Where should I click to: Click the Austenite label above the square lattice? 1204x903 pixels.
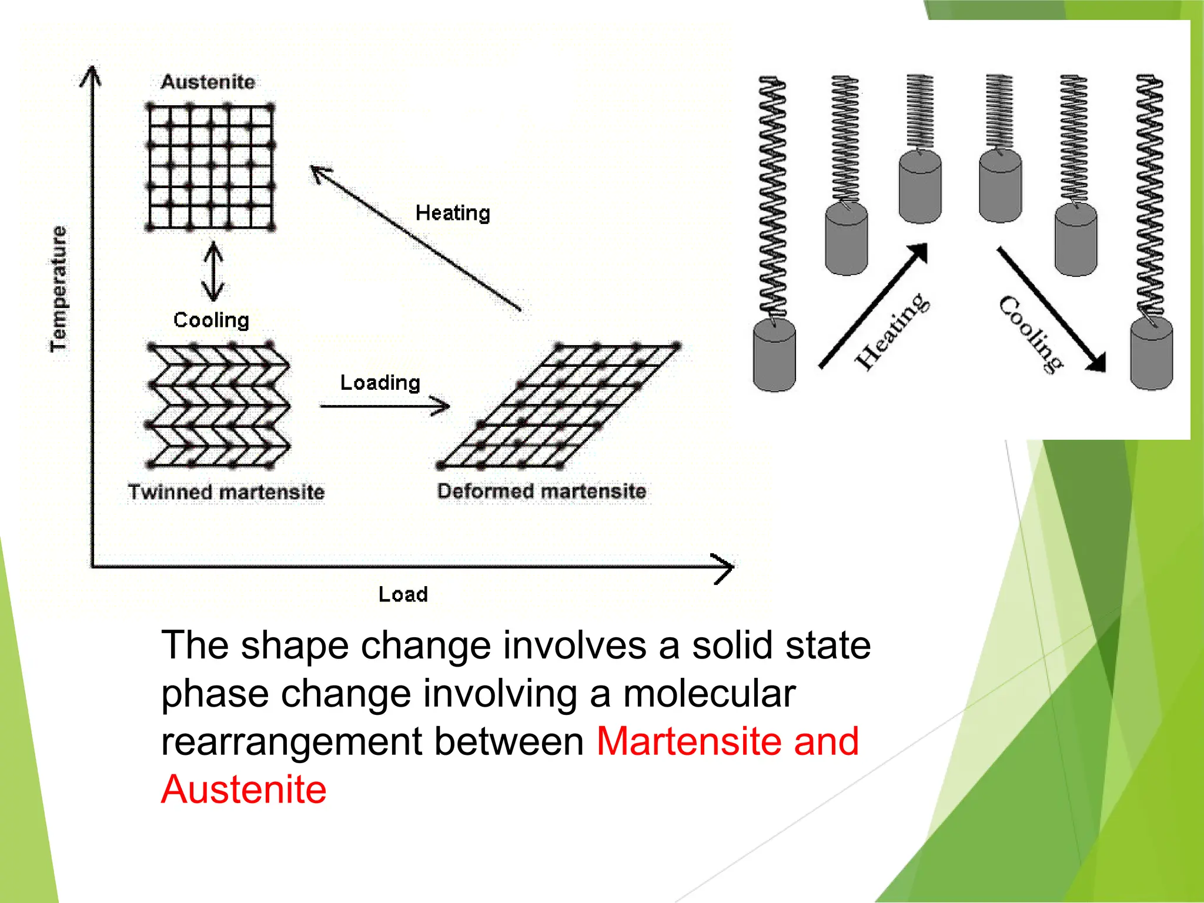pyautogui.click(x=208, y=82)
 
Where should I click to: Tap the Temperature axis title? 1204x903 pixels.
pyautogui.click(x=59, y=289)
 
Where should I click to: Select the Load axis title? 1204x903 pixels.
pyautogui.click(x=403, y=594)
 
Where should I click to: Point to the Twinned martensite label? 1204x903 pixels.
pyautogui.click(x=226, y=492)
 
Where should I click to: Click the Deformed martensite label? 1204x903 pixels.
pyautogui.click(x=541, y=491)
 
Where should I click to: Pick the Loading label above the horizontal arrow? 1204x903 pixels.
pyautogui.click(x=380, y=383)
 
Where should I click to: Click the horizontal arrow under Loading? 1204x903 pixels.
pyautogui.click(x=385, y=406)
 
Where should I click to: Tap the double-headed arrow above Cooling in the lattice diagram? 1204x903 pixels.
pyautogui.click(x=213, y=272)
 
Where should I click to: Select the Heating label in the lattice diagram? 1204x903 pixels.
pyautogui.click(x=453, y=213)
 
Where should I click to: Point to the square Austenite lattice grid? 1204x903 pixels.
pyautogui.click(x=210, y=167)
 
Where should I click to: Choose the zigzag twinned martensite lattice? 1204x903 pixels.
pyautogui.click(x=218, y=406)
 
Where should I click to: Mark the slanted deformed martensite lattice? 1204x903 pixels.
pyautogui.click(x=558, y=406)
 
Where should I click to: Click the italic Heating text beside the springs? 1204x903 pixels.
pyautogui.click(x=892, y=331)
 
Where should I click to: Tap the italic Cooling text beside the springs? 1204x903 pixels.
pyautogui.click(x=1031, y=333)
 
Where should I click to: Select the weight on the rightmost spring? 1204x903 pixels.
pyautogui.click(x=1151, y=354)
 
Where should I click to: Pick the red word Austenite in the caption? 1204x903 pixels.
pyautogui.click(x=243, y=789)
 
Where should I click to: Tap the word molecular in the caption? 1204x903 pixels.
pyautogui.click(x=709, y=694)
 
